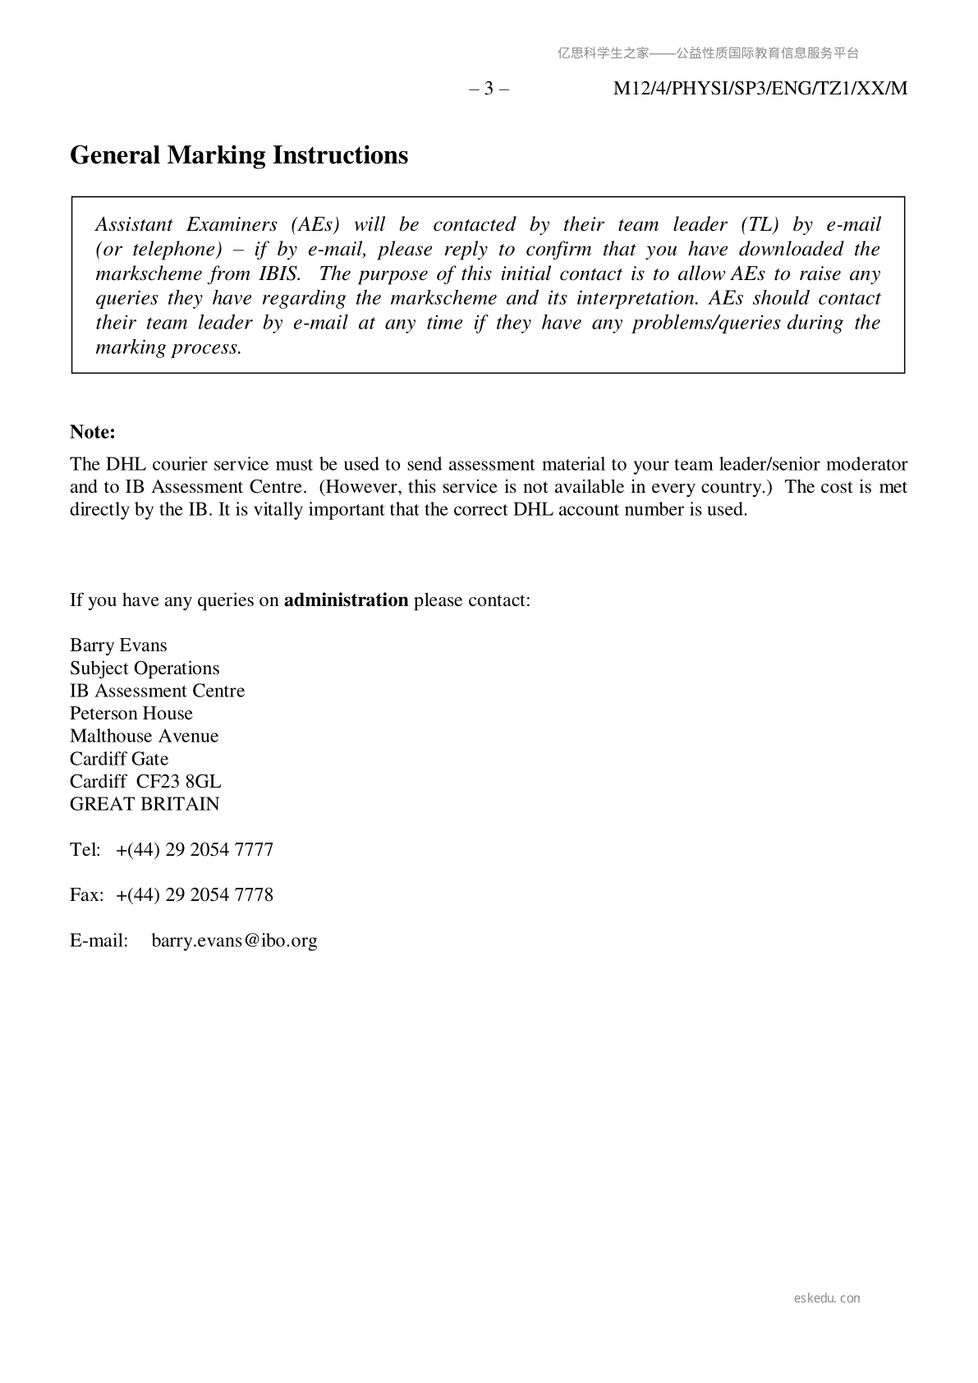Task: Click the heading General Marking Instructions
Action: pos(239,155)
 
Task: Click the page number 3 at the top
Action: pos(489,89)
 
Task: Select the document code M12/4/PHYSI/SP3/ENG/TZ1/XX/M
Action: pos(760,89)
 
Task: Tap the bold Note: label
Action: pos(93,432)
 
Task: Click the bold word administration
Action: pos(346,600)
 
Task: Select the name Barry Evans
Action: pos(118,646)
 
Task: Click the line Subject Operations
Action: pos(145,669)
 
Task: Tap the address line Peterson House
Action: pos(131,714)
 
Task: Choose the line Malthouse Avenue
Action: pos(145,736)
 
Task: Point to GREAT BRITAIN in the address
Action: pos(145,804)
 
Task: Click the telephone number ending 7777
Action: pos(195,849)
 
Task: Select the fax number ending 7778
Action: pos(195,894)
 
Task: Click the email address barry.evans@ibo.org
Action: pos(234,940)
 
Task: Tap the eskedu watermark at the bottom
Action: pos(827,1298)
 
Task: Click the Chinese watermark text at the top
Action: pos(708,53)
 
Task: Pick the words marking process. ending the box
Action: pos(168,347)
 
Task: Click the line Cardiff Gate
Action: pos(119,759)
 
